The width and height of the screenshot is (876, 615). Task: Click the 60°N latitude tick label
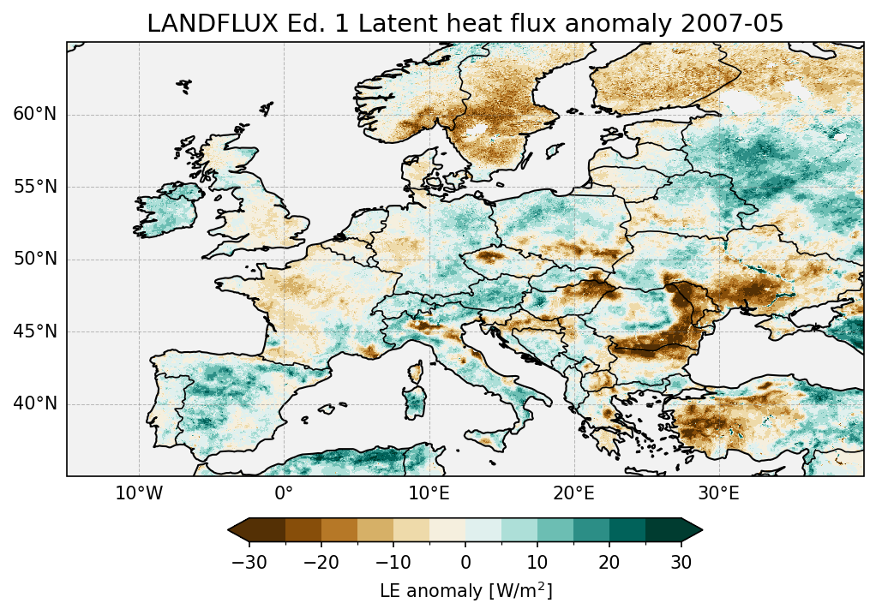pyautogui.click(x=35, y=115)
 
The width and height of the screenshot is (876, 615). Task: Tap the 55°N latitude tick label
pyautogui.click(x=35, y=187)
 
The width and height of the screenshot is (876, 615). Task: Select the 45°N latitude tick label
pyautogui.click(x=35, y=331)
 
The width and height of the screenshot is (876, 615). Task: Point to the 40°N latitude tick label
pyautogui.click(x=35, y=403)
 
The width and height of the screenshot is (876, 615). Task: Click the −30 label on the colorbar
pyautogui.click(x=249, y=562)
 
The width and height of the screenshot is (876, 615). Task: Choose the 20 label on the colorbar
pyautogui.click(x=609, y=562)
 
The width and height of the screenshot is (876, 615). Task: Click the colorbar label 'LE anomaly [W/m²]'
pyautogui.click(x=465, y=590)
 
